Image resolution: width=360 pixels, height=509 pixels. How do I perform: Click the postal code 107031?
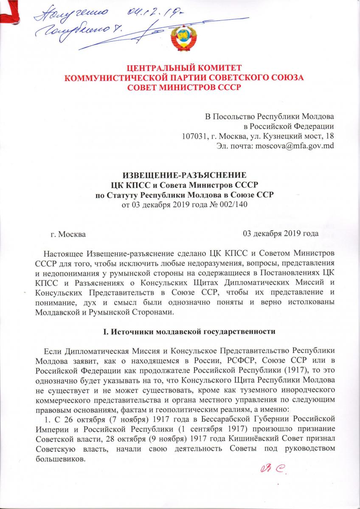pos(194,136)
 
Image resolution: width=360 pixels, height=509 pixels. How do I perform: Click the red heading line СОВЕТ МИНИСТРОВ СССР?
pos(184,88)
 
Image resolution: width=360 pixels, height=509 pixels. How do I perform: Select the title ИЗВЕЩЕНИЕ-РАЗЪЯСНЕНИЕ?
pos(184,176)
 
